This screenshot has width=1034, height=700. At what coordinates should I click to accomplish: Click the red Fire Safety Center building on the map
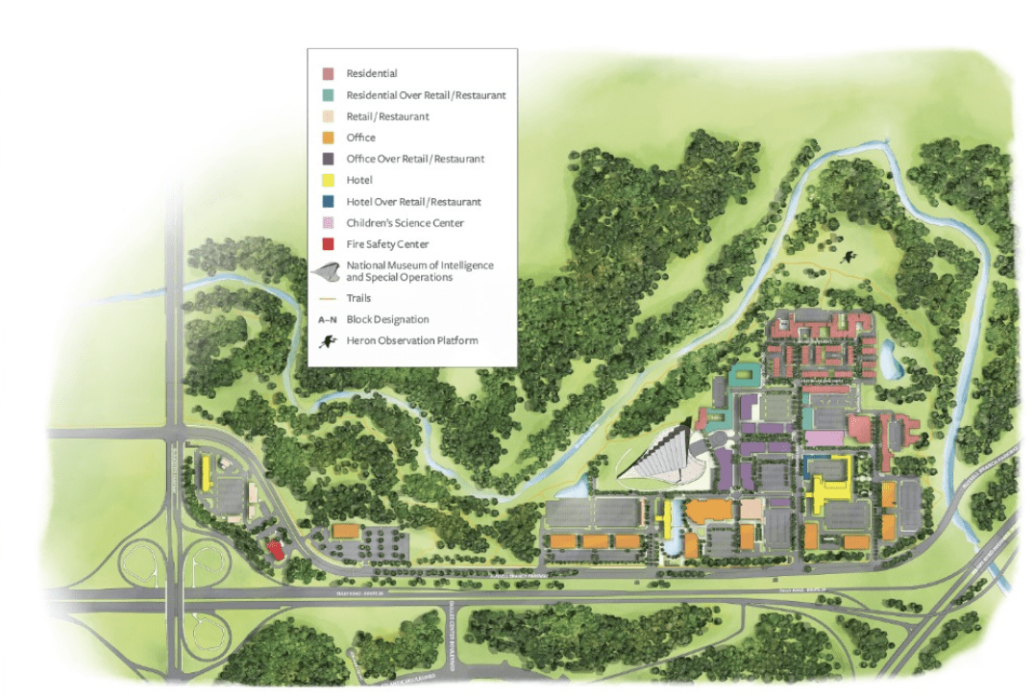(x=275, y=550)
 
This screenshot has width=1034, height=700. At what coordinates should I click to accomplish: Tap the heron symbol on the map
(x=849, y=257)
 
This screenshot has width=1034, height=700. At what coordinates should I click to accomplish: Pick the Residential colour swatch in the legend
(x=328, y=74)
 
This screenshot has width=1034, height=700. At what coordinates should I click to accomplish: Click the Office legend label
(x=361, y=137)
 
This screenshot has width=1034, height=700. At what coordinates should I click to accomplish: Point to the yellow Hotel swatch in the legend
(x=328, y=181)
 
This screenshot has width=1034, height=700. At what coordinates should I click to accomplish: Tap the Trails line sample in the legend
(x=328, y=298)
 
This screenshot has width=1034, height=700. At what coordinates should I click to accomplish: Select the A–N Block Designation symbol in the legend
(x=328, y=319)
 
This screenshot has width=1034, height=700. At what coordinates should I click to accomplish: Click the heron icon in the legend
(x=328, y=340)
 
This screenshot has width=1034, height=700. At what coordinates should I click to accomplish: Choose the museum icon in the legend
(x=328, y=271)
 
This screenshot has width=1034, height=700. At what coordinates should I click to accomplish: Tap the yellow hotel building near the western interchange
(x=206, y=473)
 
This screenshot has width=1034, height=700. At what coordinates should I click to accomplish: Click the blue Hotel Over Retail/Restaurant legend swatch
(x=328, y=202)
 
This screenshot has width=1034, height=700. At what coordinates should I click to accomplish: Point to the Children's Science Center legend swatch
(x=328, y=223)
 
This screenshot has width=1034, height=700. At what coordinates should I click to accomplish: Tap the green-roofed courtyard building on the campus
(x=742, y=376)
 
